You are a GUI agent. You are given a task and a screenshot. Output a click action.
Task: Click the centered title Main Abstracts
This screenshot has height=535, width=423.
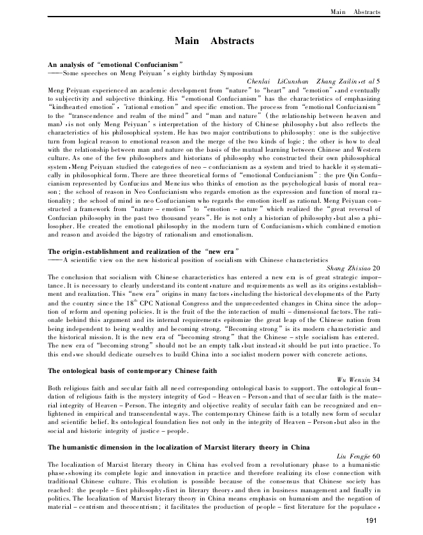point(214,41)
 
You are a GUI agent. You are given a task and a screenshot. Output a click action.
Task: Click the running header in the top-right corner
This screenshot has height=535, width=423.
point(354,12)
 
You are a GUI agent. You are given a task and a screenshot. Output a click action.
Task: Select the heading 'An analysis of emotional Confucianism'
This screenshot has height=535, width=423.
point(115,64)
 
